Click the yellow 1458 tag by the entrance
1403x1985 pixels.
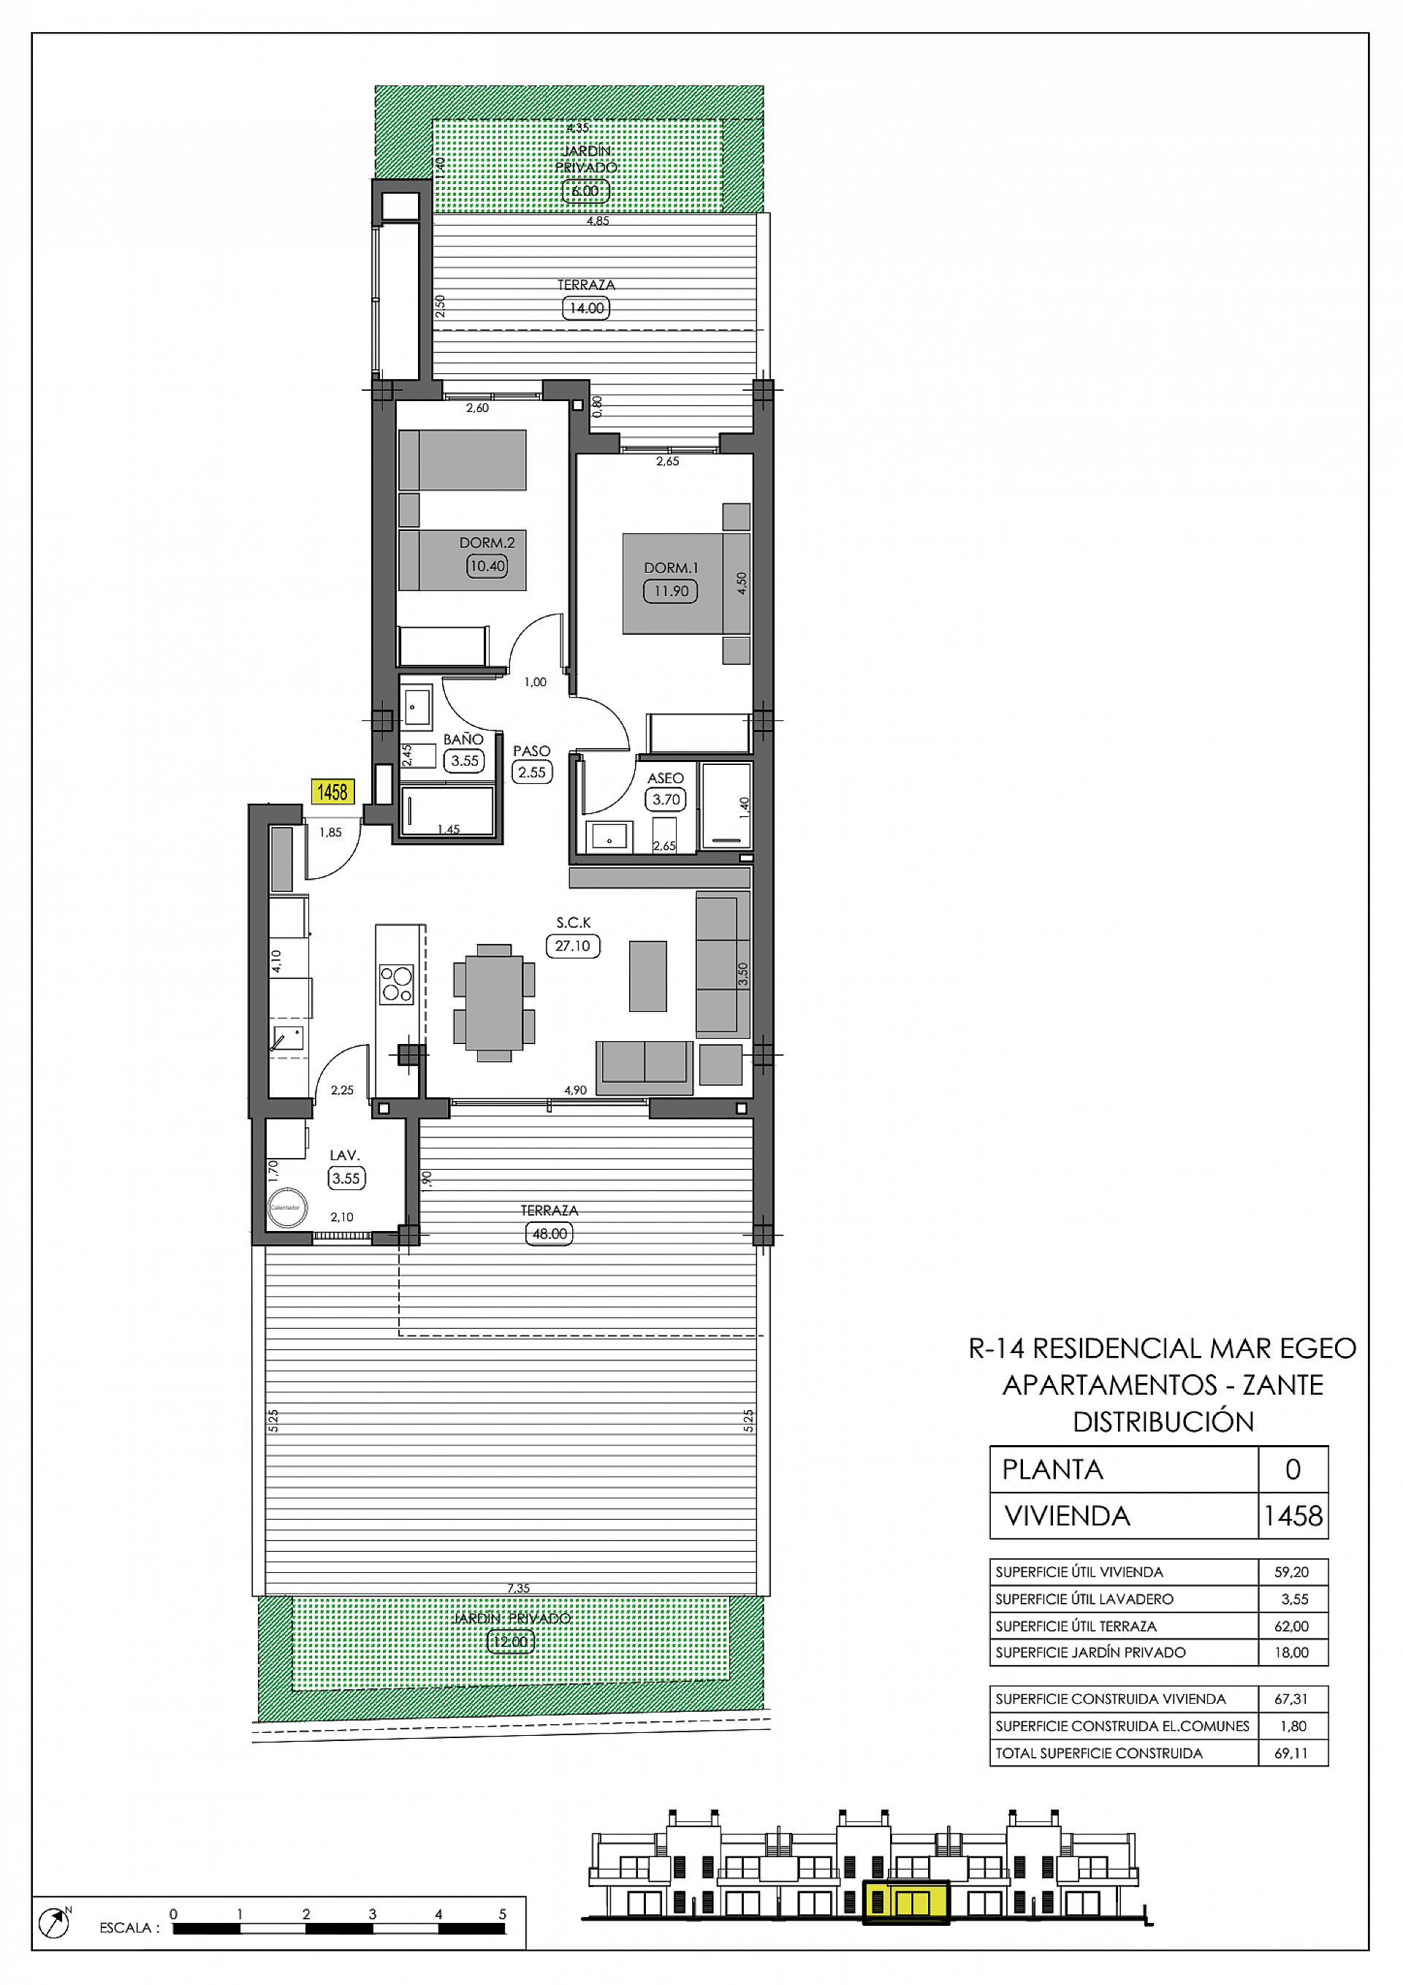pos(332,792)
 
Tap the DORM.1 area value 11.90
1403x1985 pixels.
pos(670,591)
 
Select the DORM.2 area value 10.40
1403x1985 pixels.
pos(487,566)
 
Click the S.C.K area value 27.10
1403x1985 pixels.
pos(573,946)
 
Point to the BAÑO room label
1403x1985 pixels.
pos(463,739)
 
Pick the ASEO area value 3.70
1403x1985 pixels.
pos(665,800)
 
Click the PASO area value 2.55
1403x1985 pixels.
pos(532,772)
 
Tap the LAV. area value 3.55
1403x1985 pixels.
pos(346,1178)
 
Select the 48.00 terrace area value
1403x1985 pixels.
pos(550,1234)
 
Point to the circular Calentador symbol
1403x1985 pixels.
pos(287,1208)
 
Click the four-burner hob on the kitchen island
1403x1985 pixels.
pos(396,984)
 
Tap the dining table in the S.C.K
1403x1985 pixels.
pos(494,1002)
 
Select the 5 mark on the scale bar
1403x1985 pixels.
pos(502,1914)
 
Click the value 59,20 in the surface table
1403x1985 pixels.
pos(1290,1571)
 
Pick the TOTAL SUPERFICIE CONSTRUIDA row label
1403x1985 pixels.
pos(1098,1753)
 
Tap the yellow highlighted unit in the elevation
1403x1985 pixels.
pos(905,1903)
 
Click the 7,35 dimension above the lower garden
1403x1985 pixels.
pos(518,1588)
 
